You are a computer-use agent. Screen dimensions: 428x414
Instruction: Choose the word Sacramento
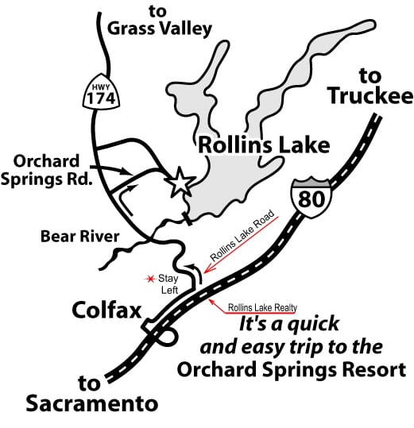tap(92, 403)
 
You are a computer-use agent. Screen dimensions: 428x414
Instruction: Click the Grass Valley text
tap(161, 30)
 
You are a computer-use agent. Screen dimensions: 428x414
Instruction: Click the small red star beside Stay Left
tap(146, 279)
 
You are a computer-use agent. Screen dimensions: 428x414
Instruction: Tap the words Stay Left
tap(168, 283)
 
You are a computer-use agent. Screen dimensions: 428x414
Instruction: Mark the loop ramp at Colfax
tap(159, 337)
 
